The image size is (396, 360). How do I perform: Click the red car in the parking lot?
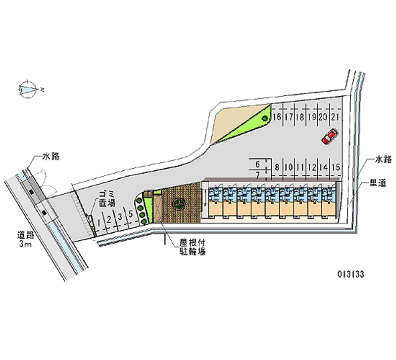pyautogui.click(x=329, y=137)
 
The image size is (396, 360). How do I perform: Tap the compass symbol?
pyautogui.click(x=28, y=89)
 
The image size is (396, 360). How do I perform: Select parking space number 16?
pyautogui.click(x=277, y=117)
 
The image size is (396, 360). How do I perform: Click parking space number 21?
pyautogui.click(x=335, y=117)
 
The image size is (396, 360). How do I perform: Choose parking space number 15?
pyautogui.click(x=336, y=167)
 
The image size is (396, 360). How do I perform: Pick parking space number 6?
pyautogui.click(x=258, y=164)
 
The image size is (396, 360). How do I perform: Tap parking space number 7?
pyautogui.click(x=258, y=175)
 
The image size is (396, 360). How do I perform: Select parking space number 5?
pyautogui.click(x=130, y=214)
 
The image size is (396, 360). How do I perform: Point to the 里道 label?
pyautogui.click(x=378, y=184)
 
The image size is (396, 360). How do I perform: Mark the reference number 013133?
pyautogui.click(x=354, y=274)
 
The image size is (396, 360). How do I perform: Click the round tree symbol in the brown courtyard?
pyautogui.click(x=178, y=203)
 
